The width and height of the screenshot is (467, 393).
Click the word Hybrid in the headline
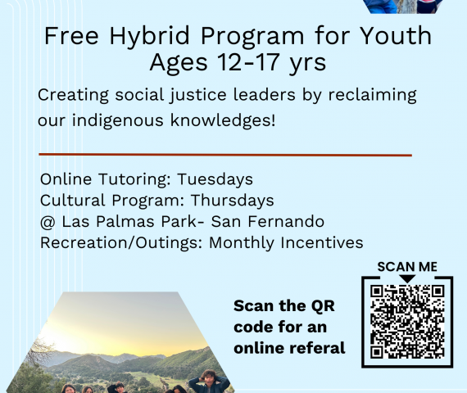tap(149, 37)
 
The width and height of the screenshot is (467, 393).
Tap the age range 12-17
tap(248, 62)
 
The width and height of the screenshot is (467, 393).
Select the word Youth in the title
tap(396, 35)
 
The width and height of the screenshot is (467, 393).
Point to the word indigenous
tap(118, 121)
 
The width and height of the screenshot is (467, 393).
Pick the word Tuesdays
tap(215, 180)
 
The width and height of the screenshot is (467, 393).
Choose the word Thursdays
tap(233, 200)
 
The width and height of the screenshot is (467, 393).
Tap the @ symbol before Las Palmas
tap(48, 222)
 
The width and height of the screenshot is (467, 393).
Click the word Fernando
tap(286, 222)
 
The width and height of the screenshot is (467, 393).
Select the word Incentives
tap(322, 242)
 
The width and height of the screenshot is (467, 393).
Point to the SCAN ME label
tap(407, 267)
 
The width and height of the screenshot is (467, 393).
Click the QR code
tap(407, 322)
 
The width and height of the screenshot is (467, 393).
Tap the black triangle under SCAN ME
tap(407, 278)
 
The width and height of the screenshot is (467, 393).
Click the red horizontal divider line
tap(225, 155)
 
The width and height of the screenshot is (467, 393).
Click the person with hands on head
tap(210, 382)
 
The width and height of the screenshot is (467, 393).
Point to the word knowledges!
tap(223, 120)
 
